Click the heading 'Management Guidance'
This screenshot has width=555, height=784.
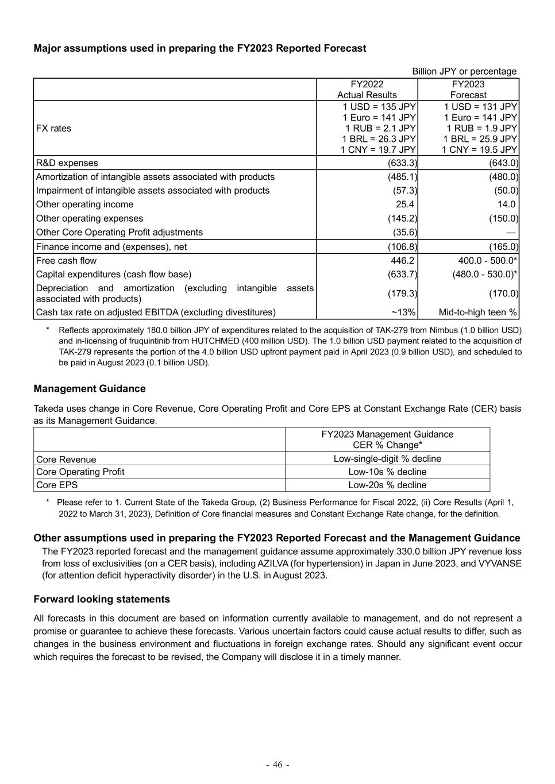tap(90, 389)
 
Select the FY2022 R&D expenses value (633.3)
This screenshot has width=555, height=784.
tap(402, 163)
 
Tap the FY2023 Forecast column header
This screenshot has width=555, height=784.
tap(468, 90)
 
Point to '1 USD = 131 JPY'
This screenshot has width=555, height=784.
tap(480, 107)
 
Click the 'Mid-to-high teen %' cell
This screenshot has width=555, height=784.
tap(477, 312)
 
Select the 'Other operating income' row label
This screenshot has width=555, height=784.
tap(84, 204)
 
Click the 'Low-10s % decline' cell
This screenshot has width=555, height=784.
tap(387, 472)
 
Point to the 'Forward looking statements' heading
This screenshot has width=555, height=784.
tap(102, 600)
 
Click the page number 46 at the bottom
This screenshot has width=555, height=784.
tap(277, 764)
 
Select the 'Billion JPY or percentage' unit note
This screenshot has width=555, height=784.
tap(464, 71)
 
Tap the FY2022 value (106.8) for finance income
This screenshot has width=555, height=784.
tap(402, 247)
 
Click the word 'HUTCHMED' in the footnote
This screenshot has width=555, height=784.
tap(197, 341)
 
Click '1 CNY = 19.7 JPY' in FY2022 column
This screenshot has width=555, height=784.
tap(378, 150)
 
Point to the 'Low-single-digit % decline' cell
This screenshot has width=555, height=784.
tap(387, 459)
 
